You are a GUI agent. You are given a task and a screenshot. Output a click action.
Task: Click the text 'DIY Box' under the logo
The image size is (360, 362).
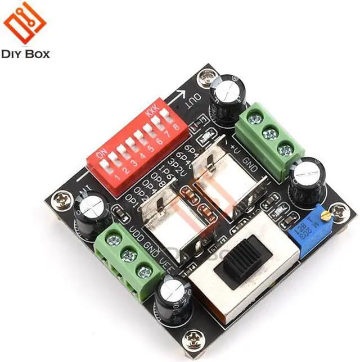click(26, 54)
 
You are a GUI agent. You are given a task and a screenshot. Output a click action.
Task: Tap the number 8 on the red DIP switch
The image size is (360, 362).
click(176, 127)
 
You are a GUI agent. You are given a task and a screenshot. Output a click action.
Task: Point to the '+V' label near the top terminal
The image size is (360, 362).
click(237, 147)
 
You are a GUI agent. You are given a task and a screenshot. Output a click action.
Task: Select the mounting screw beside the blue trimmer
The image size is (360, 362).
click(338, 211)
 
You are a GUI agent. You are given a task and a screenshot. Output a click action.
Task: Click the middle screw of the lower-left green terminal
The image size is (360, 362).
click(129, 255)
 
